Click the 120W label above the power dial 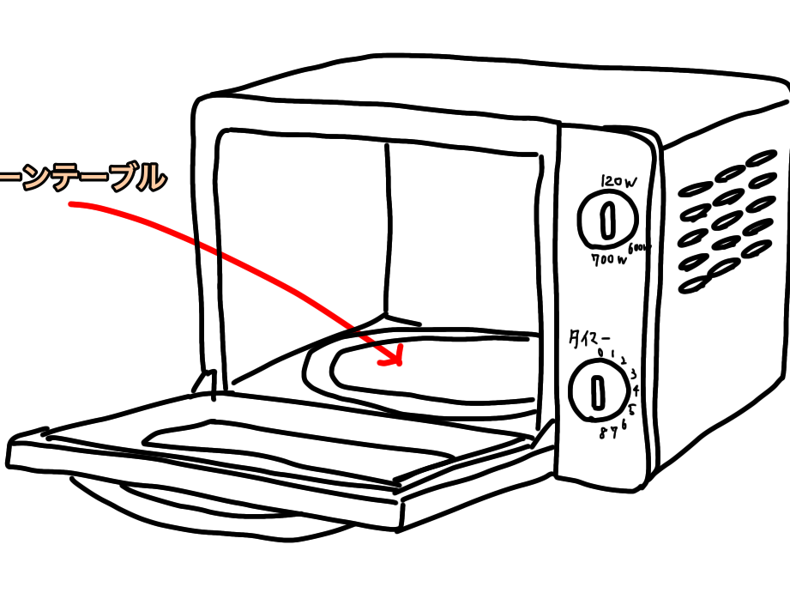click(x=620, y=181)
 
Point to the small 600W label click(x=641, y=248)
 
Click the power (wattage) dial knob click(x=607, y=221)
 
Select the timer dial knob click(x=599, y=391)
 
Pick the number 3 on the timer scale click(x=633, y=373)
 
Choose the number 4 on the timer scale click(x=636, y=390)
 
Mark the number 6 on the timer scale click(x=624, y=425)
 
